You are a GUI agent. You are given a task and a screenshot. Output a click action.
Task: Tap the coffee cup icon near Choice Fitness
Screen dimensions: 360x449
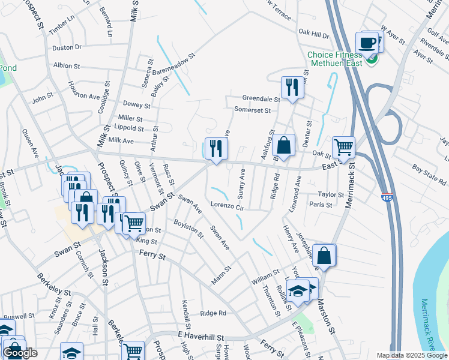coord(367,43)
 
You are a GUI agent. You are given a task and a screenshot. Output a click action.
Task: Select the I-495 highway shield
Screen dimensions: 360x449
coord(387,196)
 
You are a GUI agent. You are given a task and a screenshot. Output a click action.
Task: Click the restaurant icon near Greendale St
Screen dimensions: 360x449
coord(292,87)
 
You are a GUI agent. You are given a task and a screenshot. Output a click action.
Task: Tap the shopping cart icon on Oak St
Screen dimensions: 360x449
coord(343,146)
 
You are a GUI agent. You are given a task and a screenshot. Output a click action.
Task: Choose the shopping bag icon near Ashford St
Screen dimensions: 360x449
coord(283,145)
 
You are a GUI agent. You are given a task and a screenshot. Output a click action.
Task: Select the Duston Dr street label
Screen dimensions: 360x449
coord(67,46)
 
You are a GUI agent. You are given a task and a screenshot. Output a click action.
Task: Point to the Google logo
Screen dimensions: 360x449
coord(20,353)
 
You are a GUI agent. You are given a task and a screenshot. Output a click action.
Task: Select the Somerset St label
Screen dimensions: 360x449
coord(253,110)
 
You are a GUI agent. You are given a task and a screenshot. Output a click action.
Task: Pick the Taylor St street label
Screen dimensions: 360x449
coord(331,194)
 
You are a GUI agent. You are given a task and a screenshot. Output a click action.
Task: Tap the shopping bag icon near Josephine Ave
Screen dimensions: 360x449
coord(324,254)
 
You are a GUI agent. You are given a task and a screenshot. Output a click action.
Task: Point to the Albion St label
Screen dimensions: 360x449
coord(71,65)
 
